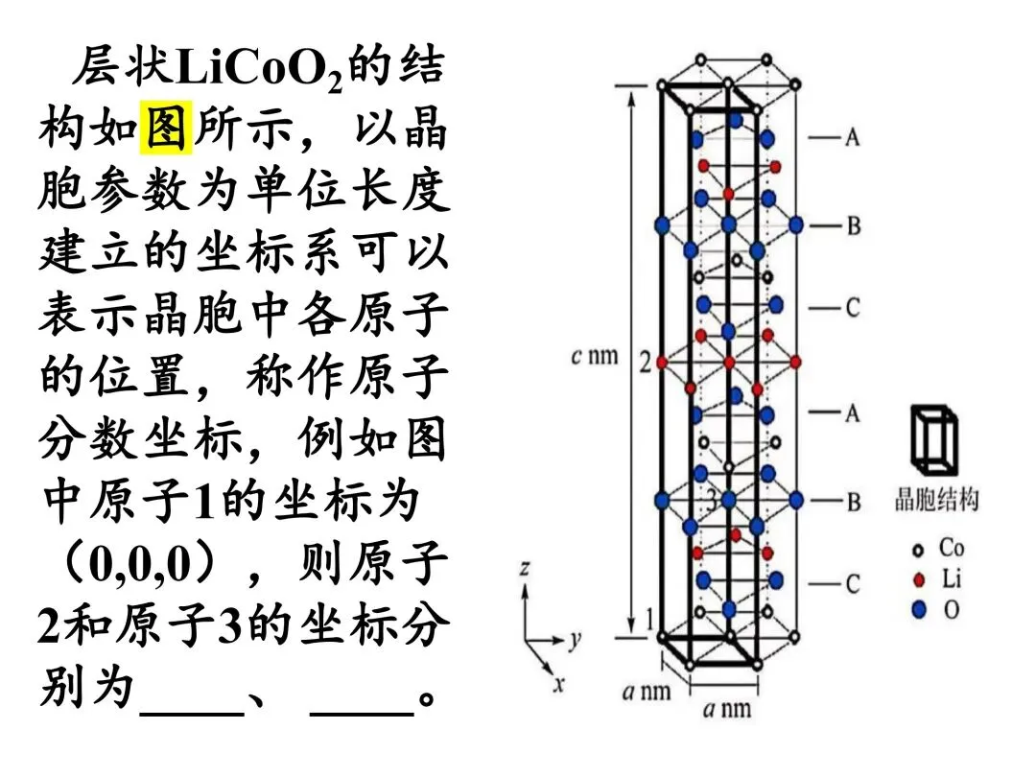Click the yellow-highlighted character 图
point(166,128)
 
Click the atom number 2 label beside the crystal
point(645,362)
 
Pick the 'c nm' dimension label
point(595,356)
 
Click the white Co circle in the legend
point(918,550)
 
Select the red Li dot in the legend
point(918,580)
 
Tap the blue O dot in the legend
point(918,609)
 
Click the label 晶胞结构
point(936,500)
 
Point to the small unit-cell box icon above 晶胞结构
point(933,440)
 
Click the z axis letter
point(525,568)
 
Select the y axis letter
point(575,639)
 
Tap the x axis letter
point(559,683)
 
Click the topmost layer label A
point(853,137)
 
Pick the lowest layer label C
point(853,584)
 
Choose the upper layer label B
point(854,226)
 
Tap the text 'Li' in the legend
point(951,578)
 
